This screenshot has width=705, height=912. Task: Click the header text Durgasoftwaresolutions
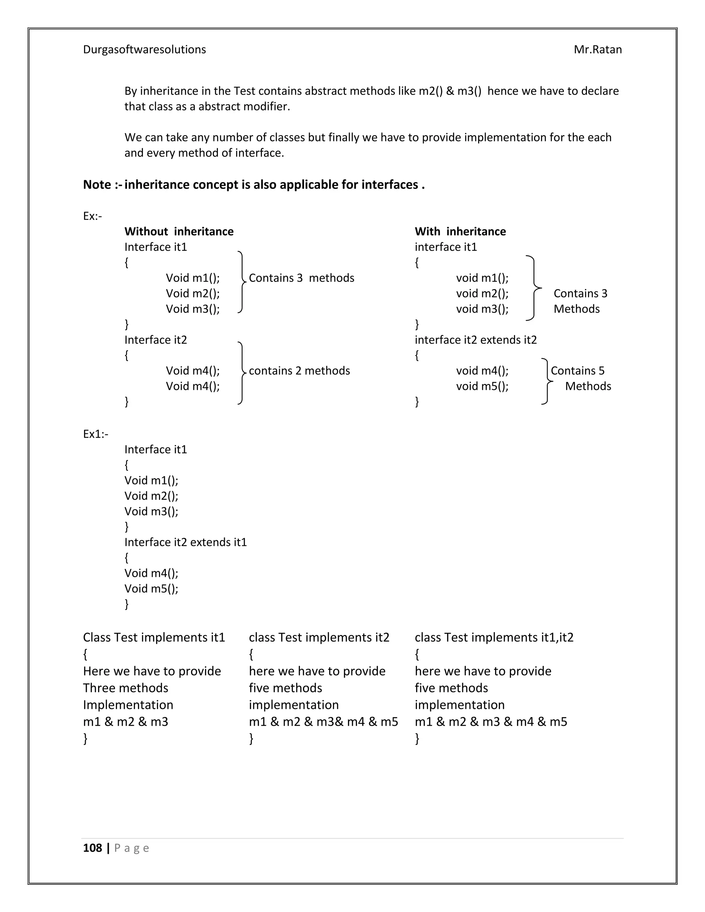pyautogui.click(x=145, y=50)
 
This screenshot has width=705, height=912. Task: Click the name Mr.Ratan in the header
pyautogui.click(x=598, y=50)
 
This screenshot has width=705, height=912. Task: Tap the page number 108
pyautogui.click(x=92, y=848)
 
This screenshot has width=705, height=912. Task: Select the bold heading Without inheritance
pyautogui.click(x=179, y=231)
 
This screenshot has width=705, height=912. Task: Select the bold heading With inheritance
pyautogui.click(x=460, y=231)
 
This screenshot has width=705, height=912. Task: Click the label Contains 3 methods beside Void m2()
pyautogui.click(x=301, y=278)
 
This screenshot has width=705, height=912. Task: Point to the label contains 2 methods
pyautogui.click(x=299, y=371)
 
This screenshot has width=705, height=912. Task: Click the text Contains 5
pyautogui.click(x=577, y=371)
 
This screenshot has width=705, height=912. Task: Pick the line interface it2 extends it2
pyautogui.click(x=475, y=340)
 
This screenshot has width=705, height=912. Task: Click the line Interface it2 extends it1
pyautogui.click(x=186, y=542)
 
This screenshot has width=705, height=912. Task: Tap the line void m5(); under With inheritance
pyautogui.click(x=482, y=386)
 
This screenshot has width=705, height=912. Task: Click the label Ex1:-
pyautogui.click(x=96, y=434)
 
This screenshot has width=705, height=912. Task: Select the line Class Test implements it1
pyautogui.click(x=154, y=637)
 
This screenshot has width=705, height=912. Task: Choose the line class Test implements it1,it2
pyautogui.click(x=494, y=637)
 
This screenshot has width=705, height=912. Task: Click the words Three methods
pyautogui.click(x=125, y=688)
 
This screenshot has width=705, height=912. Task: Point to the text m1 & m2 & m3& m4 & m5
pyautogui.click(x=323, y=722)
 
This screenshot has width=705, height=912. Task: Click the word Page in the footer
pyautogui.click(x=131, y=848)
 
